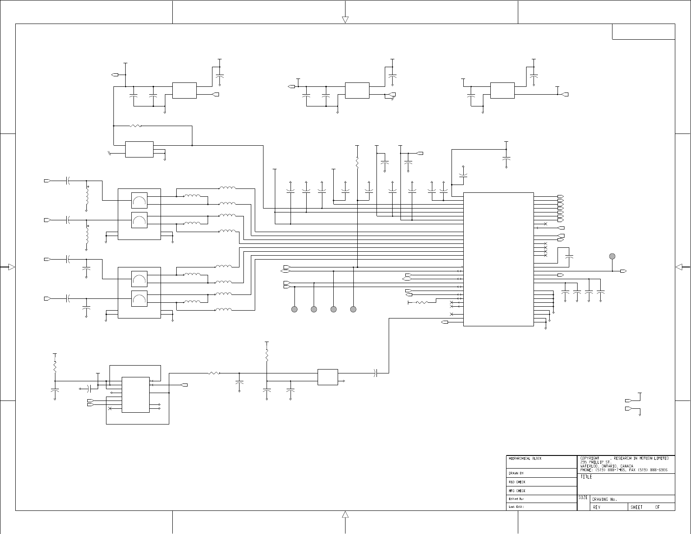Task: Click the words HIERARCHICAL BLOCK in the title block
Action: (525, 459)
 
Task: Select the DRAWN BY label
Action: (516, 473)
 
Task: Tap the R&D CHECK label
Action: (517, 482)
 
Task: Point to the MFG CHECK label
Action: (517, 491)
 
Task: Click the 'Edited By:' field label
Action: (517, 499)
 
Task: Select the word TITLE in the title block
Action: (586, 477)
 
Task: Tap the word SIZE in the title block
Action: (583, 498)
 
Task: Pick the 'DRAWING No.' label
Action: (605, 500)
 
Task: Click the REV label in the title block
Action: (596, 507)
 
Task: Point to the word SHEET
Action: (636, 507)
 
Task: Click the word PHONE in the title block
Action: (586, 469)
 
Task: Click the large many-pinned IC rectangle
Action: (498, 259)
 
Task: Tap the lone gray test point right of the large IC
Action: (612, 256)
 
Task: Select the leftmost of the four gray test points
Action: (294, 309)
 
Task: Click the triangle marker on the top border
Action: (345, 20)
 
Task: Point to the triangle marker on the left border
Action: (12, 267)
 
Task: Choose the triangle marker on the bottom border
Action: (345, 515)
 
